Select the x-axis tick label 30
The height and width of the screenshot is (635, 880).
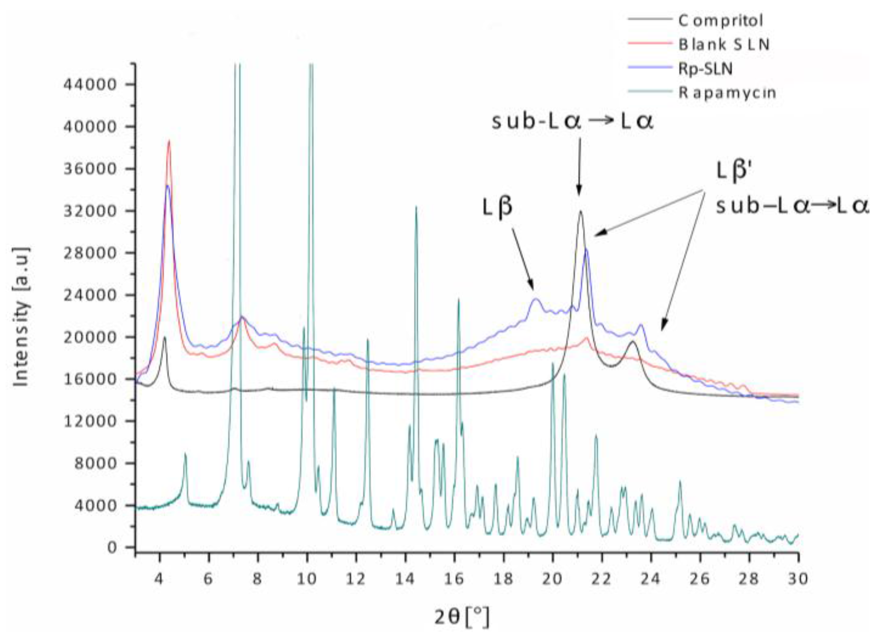coord(797,579)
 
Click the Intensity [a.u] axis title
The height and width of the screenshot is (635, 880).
coord(21,316)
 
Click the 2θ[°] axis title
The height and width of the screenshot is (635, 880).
coord(462,617)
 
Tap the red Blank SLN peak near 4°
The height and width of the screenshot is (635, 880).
coord(169,141)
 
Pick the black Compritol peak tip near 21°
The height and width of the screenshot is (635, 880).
coord(580,211)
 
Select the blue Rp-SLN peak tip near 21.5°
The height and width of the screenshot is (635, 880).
coord(586,250)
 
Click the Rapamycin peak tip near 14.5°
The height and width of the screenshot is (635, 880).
coord(416,207)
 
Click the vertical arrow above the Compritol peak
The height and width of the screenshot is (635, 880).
coord(579,166)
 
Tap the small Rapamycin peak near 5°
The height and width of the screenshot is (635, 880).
coord(185,454)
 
